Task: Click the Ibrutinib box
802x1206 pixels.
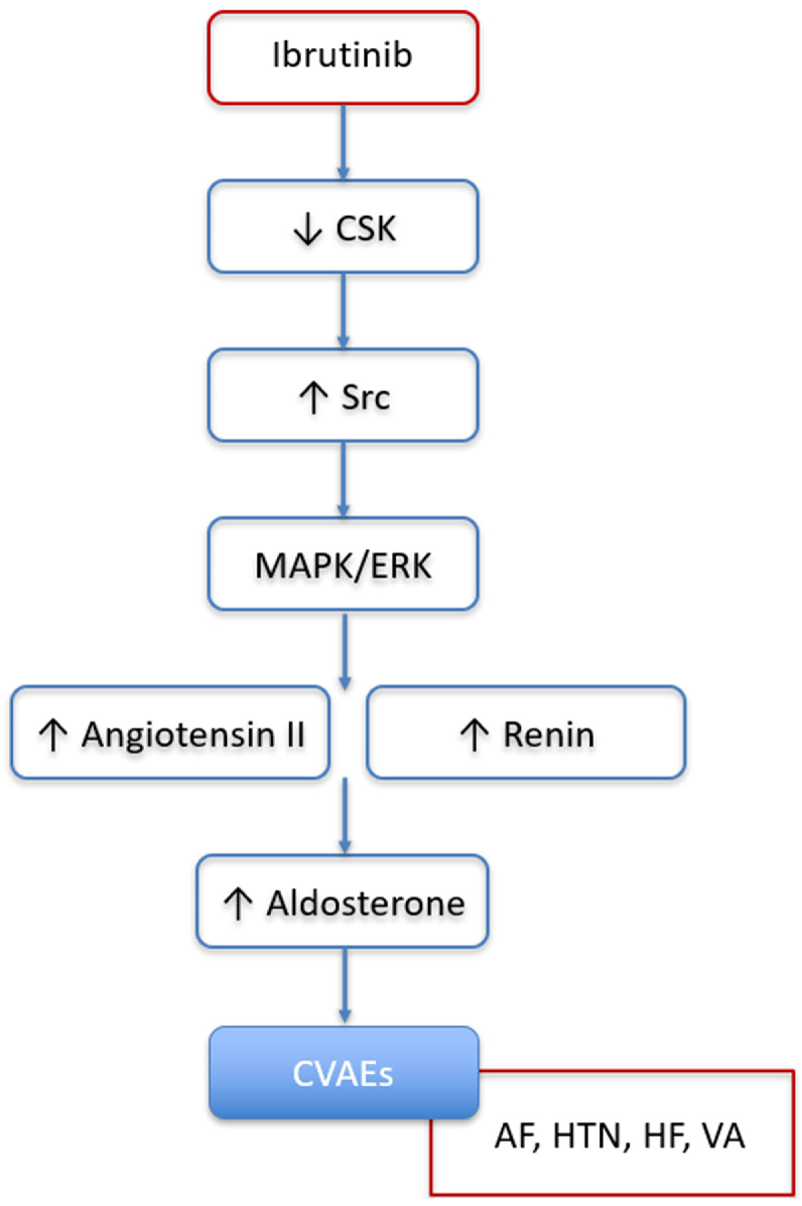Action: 343,57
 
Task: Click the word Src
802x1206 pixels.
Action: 366,397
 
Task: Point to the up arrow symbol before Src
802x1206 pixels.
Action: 313,398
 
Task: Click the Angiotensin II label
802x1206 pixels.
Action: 193,734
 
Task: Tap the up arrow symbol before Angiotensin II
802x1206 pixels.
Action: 53,735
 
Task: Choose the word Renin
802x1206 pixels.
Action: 549,734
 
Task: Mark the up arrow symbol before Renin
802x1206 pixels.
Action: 474,735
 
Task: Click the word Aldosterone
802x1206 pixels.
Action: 366,903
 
